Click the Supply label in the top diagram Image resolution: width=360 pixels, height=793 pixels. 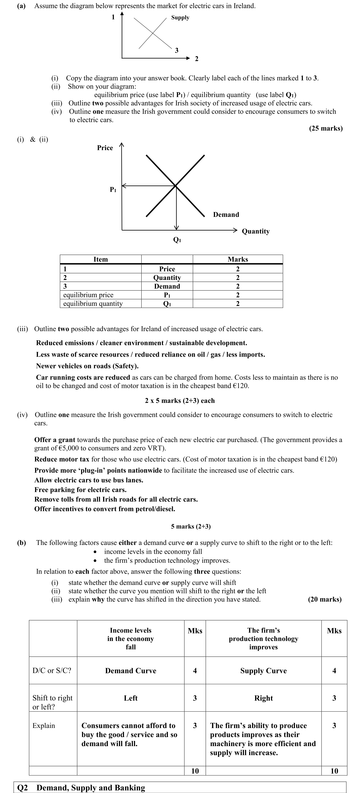click(180, 18)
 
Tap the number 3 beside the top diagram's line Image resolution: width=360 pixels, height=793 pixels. click(177, 50)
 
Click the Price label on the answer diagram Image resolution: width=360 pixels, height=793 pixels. click(105, 148)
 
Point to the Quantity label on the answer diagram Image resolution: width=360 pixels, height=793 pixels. click(256, 231)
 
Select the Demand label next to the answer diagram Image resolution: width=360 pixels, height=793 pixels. click(226, 214)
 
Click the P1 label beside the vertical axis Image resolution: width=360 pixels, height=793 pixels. click(113, 190)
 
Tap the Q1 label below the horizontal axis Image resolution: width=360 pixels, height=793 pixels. click(177, 240)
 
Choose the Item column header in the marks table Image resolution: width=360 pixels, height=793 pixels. click(101, 259)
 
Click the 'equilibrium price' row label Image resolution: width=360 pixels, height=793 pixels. click(88, 295)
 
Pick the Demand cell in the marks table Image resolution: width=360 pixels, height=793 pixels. click(167, 286)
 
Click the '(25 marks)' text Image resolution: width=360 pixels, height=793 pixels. click(326, 128)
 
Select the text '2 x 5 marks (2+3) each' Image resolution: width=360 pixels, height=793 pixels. click(180, 400)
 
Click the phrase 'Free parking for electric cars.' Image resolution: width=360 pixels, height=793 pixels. click(80, 490)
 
